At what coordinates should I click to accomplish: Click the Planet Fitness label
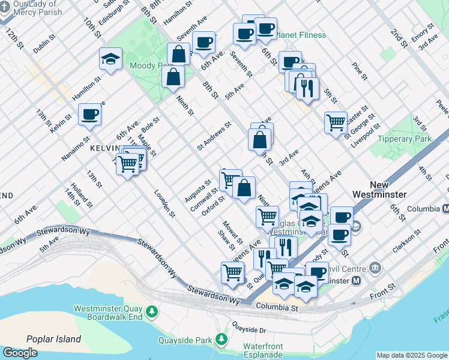click(x=301, y=35)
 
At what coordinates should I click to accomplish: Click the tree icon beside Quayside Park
click(x=221, y=340)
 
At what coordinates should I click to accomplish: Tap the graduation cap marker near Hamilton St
click(x=111, y=59)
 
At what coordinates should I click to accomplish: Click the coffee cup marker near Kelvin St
click(x=90, y=115)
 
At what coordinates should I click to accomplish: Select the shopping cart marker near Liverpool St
click(x=336, y=122)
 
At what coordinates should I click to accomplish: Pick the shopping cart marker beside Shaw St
click(x=232, y=272)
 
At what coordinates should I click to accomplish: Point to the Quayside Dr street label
click(x=249, y=329)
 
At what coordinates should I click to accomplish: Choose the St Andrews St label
click(x=214, y=137)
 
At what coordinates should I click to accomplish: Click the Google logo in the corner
click(x=20, y=353)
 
